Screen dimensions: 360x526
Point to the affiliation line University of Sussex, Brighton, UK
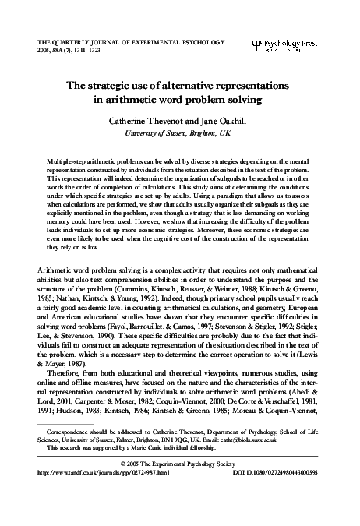[x=180, y=133]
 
